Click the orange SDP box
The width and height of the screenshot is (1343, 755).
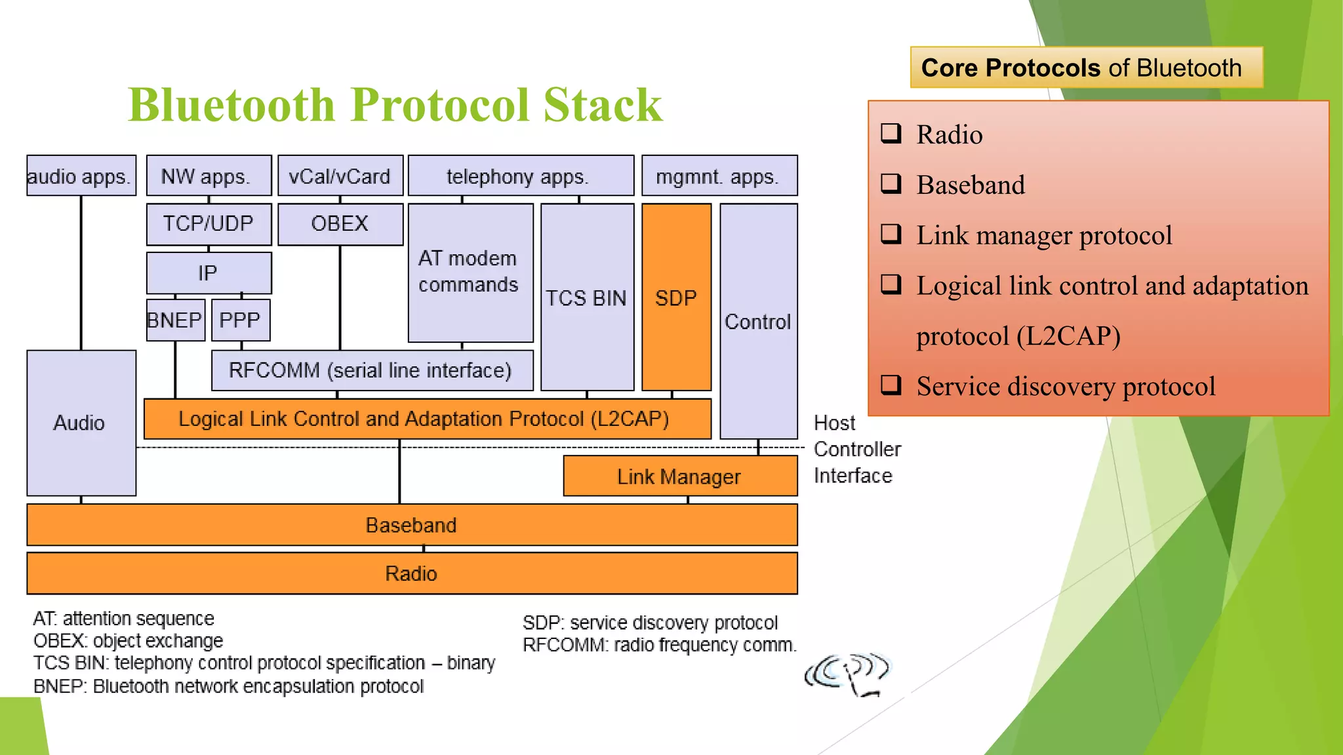(x=676, y=298)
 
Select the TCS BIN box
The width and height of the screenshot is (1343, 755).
(x=586, y=298)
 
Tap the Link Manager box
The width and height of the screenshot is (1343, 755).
(x=679, y=476)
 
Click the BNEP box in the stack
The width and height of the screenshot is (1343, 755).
(x=175, y=320)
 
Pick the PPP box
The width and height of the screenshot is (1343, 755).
(x=241, y=320)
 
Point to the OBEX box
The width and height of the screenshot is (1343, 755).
(x=340, y=224)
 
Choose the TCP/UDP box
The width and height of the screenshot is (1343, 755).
(x=209, y=224)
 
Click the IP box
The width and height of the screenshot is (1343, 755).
(x=209, y=273)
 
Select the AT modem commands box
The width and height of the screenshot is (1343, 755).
(x=470, y=272)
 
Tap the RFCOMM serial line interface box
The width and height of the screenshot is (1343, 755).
(x=371, y=371)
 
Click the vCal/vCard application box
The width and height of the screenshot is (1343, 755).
(x=340, y=176)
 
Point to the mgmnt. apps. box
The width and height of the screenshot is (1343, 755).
(x=719, y=176)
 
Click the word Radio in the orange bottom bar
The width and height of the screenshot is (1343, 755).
(x=411, y=573)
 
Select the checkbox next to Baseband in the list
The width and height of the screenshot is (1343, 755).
(x=891, y=184)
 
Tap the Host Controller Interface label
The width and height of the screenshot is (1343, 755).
(x=856, y=450)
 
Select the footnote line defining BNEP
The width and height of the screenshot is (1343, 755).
(x=228, y=686)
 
